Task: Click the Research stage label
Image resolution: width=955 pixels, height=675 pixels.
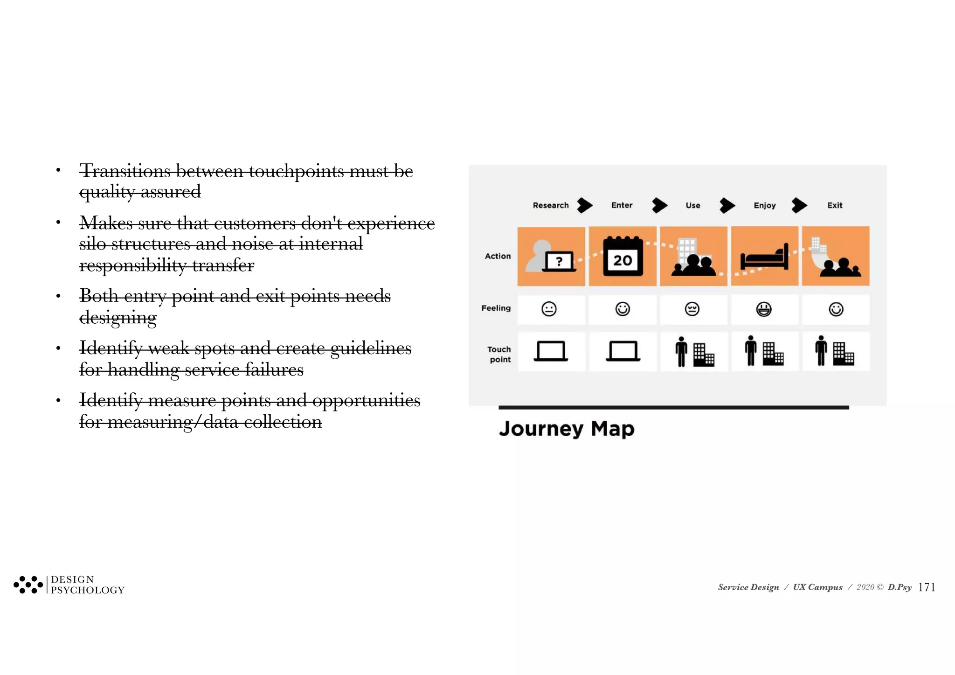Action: coord(550,205)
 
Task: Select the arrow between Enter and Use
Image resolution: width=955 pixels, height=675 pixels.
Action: coord(659,205)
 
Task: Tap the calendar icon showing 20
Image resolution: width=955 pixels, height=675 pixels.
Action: coord(623,257)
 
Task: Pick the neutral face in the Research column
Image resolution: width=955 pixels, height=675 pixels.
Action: coord(549,309)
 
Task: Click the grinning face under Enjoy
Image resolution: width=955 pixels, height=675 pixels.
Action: coord(764,309)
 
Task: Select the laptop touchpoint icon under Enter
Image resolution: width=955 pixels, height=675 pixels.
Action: coord(623,351)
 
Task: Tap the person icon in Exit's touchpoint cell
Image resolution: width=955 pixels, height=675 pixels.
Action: coord(821,351)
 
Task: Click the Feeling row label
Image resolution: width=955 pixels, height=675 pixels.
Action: coord(496,308)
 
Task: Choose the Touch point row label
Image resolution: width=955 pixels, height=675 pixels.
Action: coord(499,355)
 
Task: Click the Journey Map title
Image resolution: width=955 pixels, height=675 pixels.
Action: coord(567,428)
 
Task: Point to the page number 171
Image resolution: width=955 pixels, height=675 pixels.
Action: coord(927,587)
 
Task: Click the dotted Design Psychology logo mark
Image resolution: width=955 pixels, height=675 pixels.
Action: coord(28,585)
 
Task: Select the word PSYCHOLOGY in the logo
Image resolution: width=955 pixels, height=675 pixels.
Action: coord(88,591)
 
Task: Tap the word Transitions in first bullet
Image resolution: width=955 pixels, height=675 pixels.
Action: coord(125,171)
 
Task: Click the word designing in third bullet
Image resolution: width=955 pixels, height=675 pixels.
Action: coord(118,318)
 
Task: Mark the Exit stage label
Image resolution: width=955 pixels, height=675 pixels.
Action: coord(835,205)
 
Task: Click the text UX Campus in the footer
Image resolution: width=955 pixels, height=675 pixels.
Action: coord(817,587)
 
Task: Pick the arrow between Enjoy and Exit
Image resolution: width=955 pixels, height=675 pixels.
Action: coord(799,205)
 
